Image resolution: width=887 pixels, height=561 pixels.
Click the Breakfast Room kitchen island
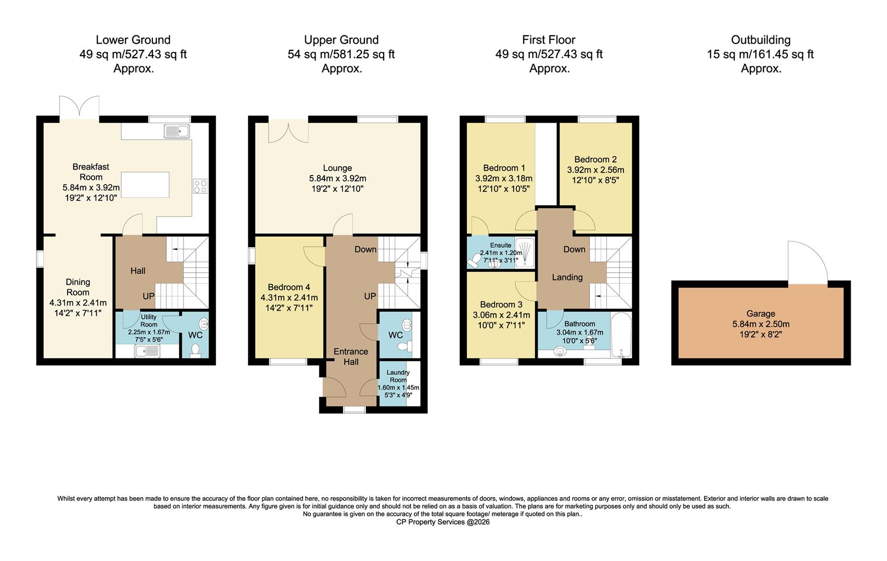click(145, 185)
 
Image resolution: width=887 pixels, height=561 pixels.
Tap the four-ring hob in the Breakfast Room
click(200, 186)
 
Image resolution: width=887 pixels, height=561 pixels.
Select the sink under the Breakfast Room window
click(177, 131)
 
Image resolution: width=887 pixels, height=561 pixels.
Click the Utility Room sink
click(147, 351)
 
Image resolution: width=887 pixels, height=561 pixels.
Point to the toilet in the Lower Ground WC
click(195, 351)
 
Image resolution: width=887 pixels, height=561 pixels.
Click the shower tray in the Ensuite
click(525, 252)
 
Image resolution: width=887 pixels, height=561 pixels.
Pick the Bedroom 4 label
click(289, 287)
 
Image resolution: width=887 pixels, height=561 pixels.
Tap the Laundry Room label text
click(398, 376)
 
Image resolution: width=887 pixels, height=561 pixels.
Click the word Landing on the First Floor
click(567, 277)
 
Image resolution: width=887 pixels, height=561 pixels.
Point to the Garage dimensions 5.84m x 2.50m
click(761, 324)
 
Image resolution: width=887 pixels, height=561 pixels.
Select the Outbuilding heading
click(761, 40)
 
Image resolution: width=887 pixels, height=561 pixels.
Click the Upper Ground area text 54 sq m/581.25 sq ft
click(341, 54)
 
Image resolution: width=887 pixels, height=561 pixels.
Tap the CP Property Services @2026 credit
click(442, 522)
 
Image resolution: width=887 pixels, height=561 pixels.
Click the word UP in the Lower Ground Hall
click(149, 296)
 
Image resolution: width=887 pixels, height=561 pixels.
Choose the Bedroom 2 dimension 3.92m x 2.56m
click(595, 170)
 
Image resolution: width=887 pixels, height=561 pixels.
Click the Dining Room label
click(78, 287)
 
